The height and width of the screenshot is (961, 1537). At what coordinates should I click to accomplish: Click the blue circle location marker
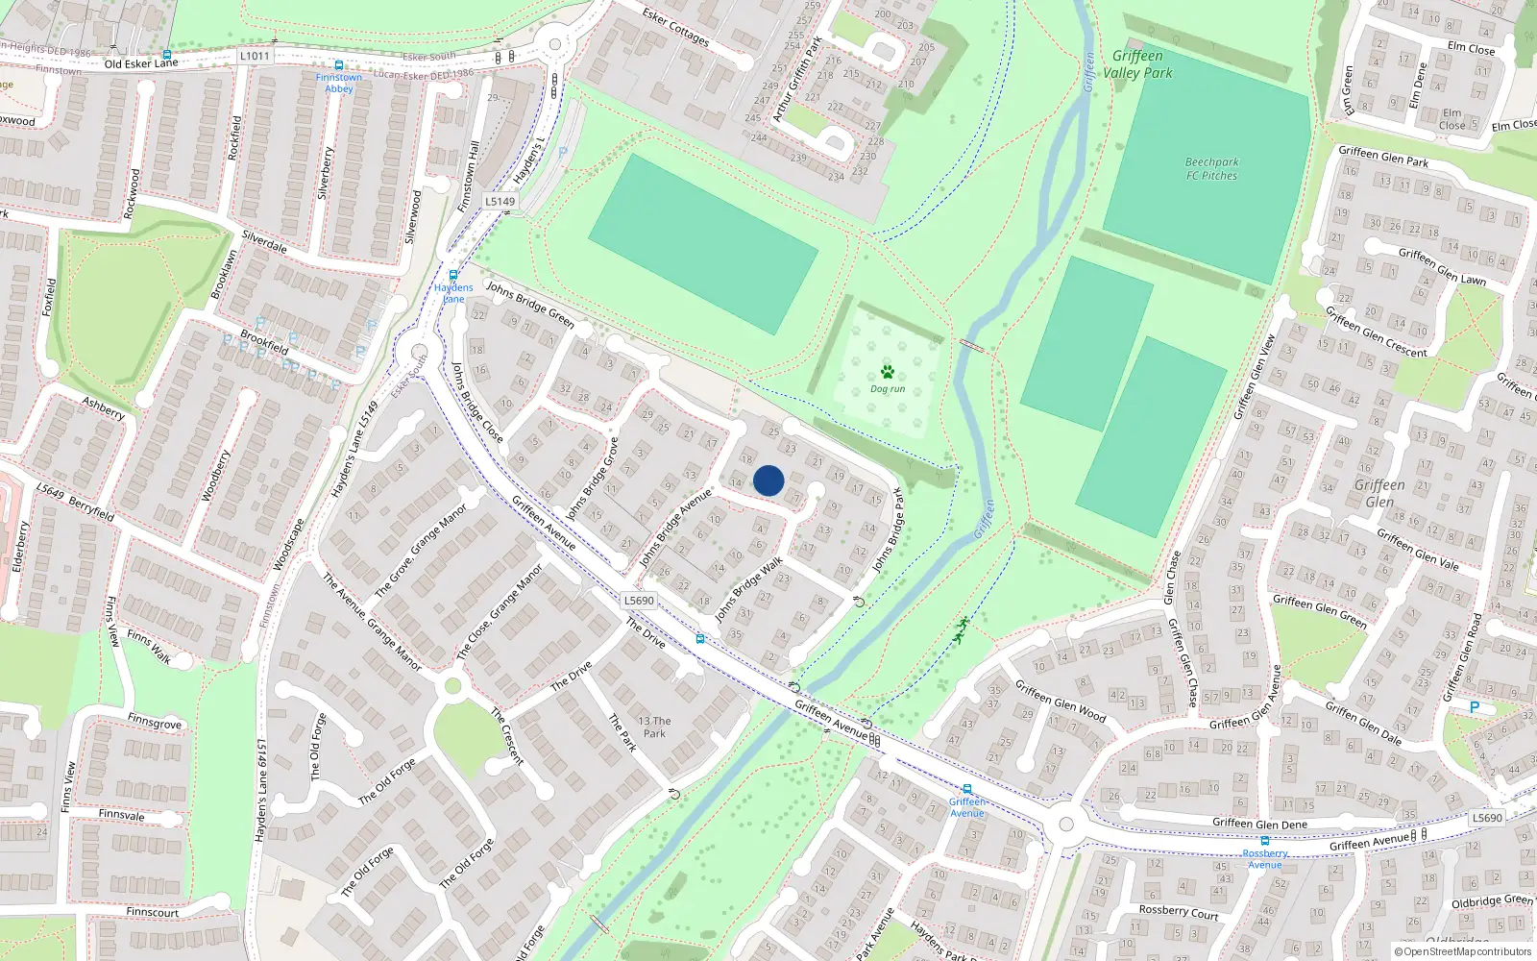coord(768,480)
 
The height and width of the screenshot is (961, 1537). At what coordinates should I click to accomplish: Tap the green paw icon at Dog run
coord(887,372)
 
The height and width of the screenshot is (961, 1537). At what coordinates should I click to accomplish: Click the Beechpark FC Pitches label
coord(1211,169)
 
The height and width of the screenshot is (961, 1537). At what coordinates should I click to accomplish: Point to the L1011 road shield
coord(255,56)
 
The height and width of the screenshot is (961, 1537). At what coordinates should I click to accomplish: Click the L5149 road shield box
coord(500,202)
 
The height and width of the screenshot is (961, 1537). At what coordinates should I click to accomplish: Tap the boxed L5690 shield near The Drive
coord(639,601)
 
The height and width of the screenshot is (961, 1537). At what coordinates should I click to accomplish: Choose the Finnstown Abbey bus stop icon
coord(339,65)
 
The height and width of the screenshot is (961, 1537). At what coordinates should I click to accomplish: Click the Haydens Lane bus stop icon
coord(453,276)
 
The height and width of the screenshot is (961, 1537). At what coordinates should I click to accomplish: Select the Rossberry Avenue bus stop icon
coord(1264,841)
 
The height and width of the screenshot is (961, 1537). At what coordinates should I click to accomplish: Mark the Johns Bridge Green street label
coord(529,304)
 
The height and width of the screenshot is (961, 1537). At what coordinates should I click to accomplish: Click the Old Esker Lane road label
coord(141,63)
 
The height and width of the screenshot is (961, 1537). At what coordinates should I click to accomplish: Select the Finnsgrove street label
coord(154,723)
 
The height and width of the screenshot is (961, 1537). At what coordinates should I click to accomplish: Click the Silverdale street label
coord(264,241)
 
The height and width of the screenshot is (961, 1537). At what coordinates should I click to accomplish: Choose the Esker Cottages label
coord(676,28)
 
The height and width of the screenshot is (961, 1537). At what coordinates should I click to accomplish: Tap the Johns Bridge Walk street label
coord(748,588)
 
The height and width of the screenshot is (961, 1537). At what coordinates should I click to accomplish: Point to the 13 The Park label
coord(654,727)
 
